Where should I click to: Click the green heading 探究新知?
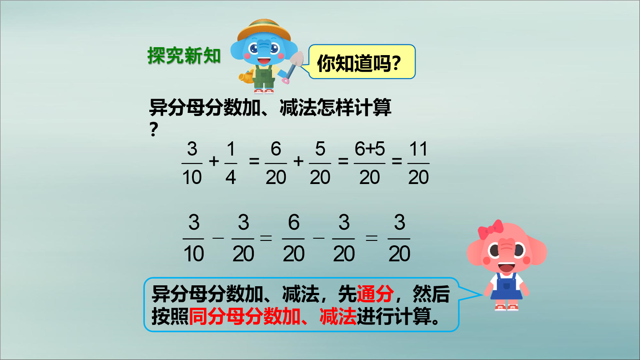click(184, 56)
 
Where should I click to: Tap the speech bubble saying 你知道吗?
click(362, 62)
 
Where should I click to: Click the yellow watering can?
click(246, 77)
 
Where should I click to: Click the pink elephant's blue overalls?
click(506, 287)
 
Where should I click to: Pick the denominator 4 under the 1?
click(231, 177)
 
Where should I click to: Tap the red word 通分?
click(375, 294)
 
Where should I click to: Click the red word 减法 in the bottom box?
click(338, 316)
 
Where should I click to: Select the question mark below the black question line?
click(154, 129)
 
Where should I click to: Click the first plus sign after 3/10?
click(214, 161)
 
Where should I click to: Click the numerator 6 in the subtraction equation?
click(294, 222)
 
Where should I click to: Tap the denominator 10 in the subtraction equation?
click(193, 253)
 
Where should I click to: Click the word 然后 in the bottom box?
click(431, 294)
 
